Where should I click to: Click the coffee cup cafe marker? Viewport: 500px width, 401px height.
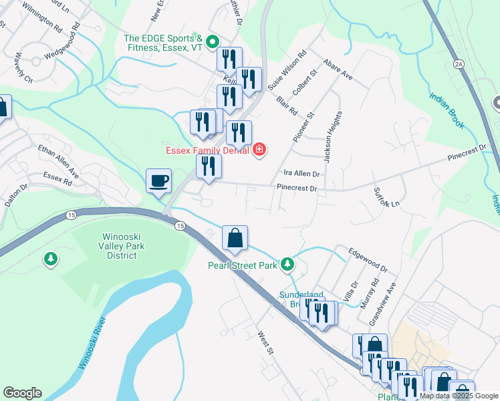tap(159, 180)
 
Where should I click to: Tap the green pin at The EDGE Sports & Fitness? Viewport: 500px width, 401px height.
tap(212, 42)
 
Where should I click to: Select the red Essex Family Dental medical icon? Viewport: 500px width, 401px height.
tap(259, 150)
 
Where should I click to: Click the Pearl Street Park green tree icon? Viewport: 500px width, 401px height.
tap(287, 265)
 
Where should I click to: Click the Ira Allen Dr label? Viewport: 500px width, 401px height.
tap(302, 174)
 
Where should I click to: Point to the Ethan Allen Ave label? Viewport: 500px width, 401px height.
tap(58, 160)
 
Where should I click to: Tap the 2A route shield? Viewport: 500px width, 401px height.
tap(458, 64)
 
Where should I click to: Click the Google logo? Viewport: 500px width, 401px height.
tap(22, 393)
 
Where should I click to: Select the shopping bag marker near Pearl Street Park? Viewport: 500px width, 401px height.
tap(235, 238)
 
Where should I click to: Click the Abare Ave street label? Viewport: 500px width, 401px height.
tap(338, 70)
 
